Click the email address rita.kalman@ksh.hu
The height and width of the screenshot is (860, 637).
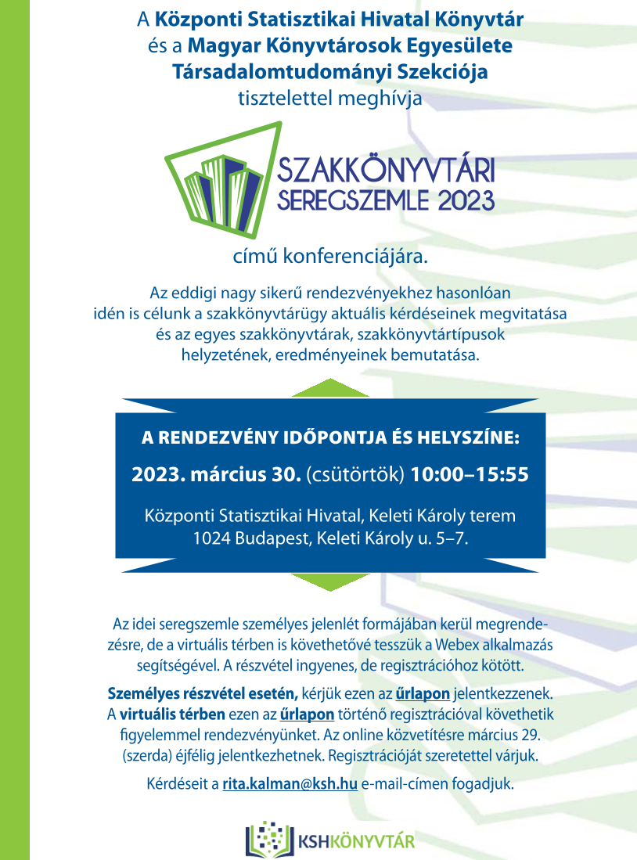click(290, 783)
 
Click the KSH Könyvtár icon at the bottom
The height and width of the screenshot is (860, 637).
click(268, 839)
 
